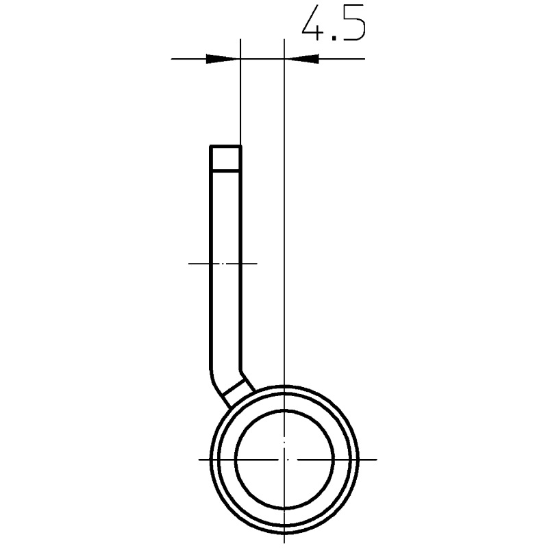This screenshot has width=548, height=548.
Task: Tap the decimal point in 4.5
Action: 334,38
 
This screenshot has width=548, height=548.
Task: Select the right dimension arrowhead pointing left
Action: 301,59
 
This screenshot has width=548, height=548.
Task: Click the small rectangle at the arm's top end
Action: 225,158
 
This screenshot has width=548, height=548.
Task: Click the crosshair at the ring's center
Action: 285,459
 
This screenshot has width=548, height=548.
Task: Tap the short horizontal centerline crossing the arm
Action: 223,263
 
